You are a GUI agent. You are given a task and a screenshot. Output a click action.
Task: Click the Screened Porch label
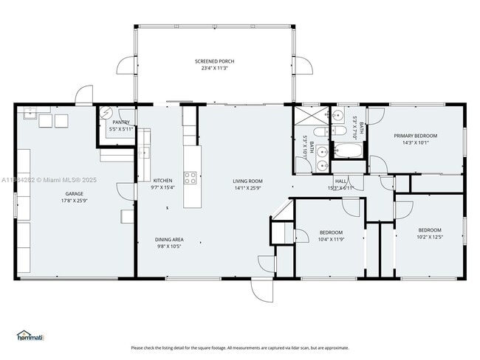[x=215, y=61]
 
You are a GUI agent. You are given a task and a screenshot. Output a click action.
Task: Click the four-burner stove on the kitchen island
[x=190, y=177]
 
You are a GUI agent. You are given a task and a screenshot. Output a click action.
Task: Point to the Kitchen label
[x=162, y=181]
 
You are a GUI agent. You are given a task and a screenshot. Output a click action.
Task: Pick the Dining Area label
[x=169, y=239]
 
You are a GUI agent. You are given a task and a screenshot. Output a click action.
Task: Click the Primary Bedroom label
[x=415, y=136]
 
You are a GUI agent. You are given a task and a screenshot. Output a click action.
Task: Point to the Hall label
[x=340, y=181]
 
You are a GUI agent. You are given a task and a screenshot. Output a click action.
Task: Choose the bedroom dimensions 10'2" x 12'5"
[x=430, y=237]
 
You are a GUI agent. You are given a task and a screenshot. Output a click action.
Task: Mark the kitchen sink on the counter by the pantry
[x=144, y=153]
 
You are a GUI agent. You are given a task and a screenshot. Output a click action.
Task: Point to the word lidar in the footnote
[x=289, y=348]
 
